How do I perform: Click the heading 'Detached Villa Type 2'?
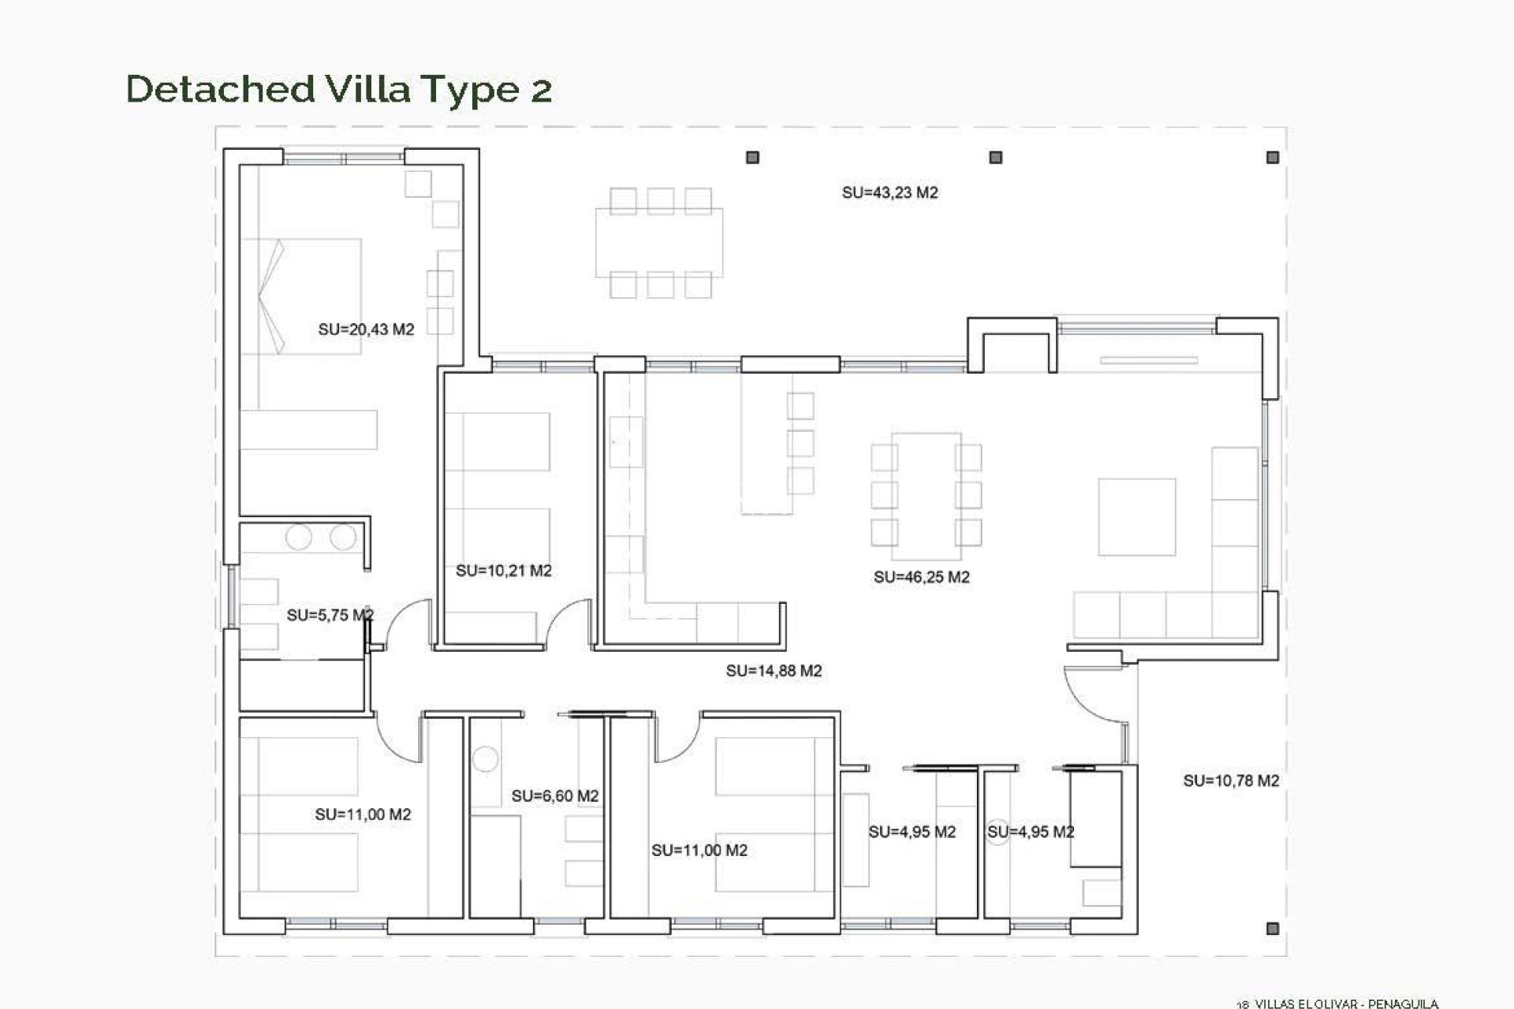[x=339, y=89]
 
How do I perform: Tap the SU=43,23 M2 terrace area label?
[x=889, y=192]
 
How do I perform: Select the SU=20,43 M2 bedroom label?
[x=366, y=330]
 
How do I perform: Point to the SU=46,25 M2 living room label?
[x=921, y=577]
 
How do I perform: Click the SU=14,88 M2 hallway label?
[x=774, y=671]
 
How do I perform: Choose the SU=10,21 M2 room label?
[x=503, y=571]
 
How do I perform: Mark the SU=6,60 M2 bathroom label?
[x=554, y=796]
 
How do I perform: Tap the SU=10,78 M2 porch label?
[x=1230, y=780]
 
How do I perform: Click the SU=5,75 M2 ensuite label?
[x=330, y=615]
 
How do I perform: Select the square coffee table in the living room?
[x=1136, y=516]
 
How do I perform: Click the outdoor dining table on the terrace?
[x=659, y=242]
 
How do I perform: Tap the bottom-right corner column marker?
[x=1272, y=929]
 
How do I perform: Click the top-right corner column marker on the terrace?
[x=1272, y=158]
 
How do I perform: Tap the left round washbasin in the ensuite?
[x=299, y=538]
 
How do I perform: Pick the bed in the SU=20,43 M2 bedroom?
[x=301, y=296]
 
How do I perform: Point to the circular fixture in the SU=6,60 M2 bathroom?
[x=485, y=759]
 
